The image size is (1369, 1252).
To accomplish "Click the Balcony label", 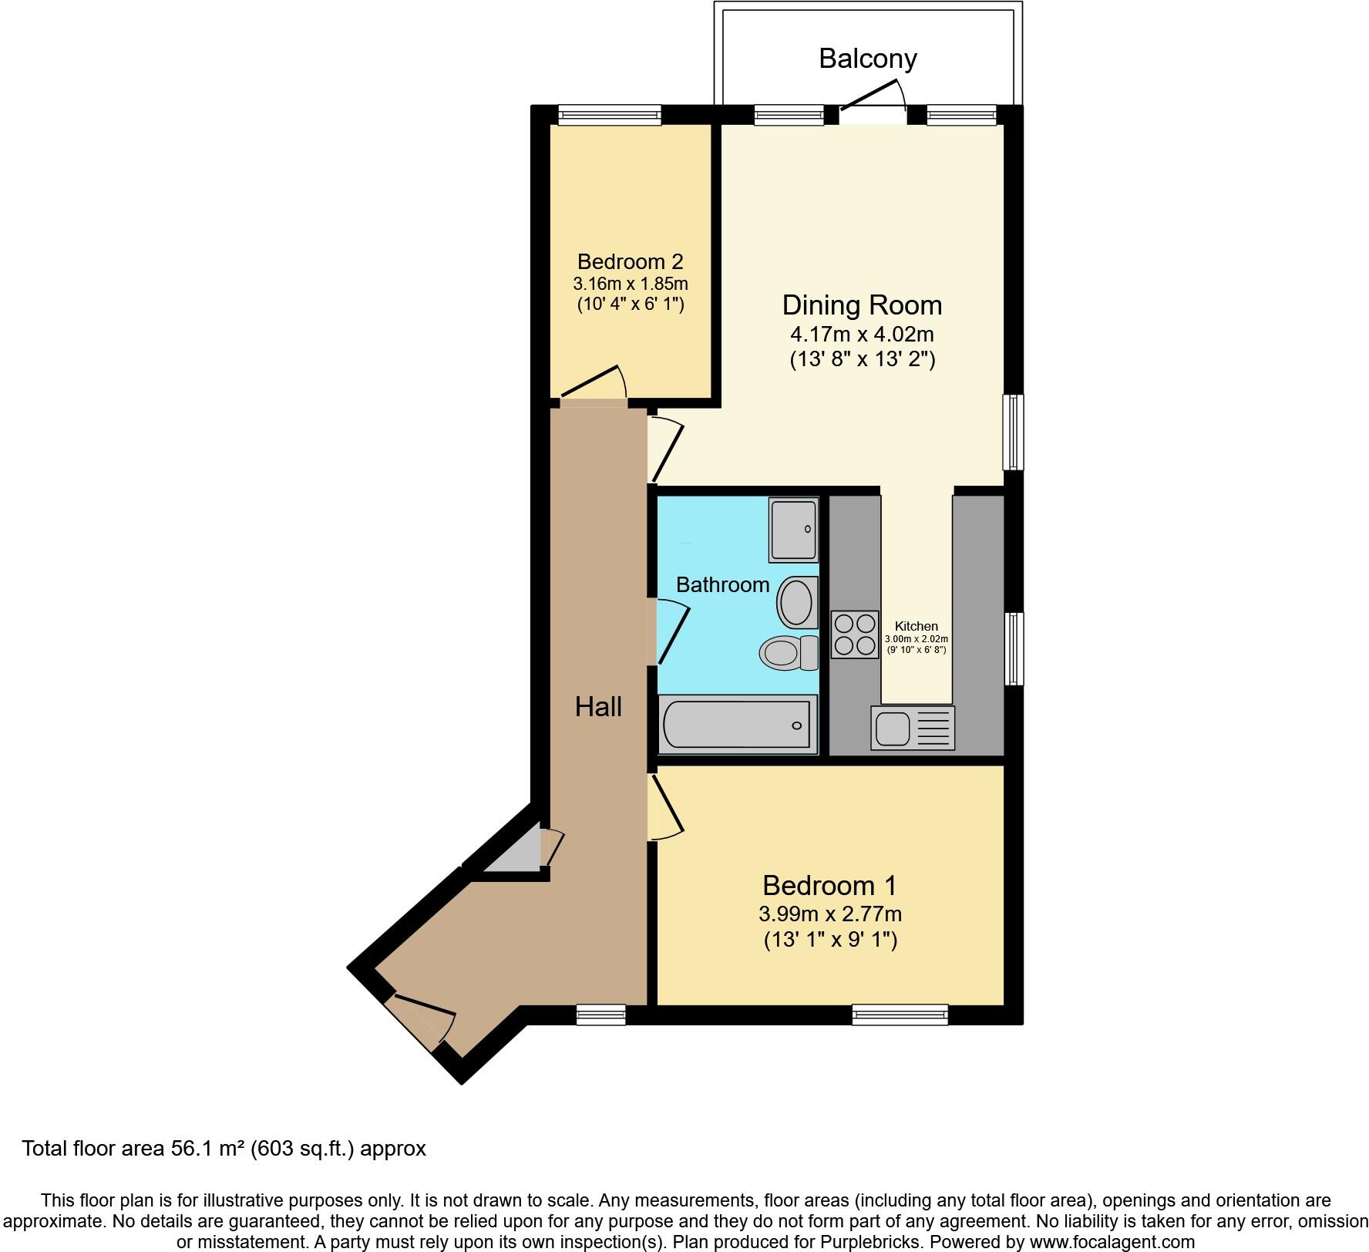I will point(867,59).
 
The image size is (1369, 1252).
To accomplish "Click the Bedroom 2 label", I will point(630,261).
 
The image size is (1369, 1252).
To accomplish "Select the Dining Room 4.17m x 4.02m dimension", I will point(862,335).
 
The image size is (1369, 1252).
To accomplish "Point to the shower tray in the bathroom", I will point(793,529).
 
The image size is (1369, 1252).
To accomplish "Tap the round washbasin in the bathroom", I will point(797,602).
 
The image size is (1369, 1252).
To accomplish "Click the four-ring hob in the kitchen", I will point(854,634).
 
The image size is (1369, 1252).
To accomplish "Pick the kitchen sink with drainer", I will point(913,728).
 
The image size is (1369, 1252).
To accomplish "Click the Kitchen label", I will point(916,626).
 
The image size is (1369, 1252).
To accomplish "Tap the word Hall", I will point(598,707).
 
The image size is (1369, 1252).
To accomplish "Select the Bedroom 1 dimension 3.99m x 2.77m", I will point(830,914).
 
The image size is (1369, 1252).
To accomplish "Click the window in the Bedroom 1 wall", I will point(900,1015).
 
